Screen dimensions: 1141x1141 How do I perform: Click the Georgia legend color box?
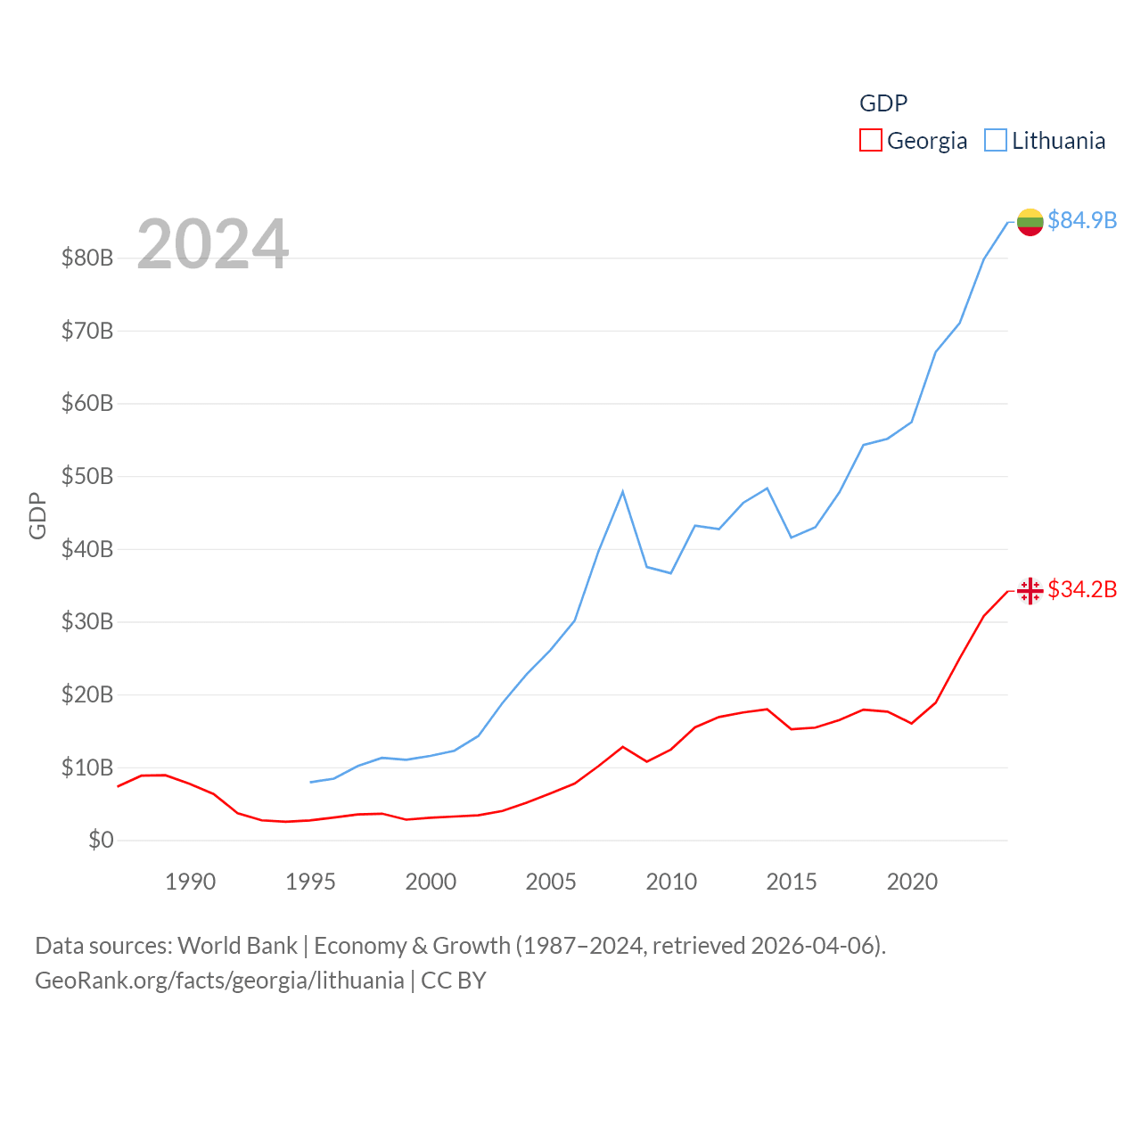point(870,141)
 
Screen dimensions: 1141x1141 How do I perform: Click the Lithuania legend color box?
point(995,141)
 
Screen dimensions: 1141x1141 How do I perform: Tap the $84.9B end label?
point(1082,220)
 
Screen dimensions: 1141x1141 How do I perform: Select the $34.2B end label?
point(1082,589)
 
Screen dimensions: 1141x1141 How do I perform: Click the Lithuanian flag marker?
point(1030,222)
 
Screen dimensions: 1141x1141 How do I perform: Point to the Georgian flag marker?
point(1030,590)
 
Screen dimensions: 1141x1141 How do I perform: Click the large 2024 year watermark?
point(212,244)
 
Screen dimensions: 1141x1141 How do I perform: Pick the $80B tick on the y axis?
point(87,259)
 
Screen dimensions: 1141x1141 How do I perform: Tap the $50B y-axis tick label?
point(87,476)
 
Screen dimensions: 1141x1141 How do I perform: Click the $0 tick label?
point(101,840)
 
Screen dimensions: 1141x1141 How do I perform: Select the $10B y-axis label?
point(87,768)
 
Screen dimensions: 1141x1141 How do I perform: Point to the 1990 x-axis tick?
point(190,882)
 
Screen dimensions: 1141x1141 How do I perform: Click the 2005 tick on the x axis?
point(551,882)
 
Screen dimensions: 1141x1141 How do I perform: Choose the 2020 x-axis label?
point(912,882)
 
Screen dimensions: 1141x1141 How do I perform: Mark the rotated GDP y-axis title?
point(37,515)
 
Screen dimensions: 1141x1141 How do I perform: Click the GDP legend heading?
point(882,103)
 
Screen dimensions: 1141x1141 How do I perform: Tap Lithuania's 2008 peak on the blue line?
point(622,492)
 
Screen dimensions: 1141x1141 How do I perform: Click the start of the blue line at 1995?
point(311,782)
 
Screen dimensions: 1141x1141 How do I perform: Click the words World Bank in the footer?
point(237,945)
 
